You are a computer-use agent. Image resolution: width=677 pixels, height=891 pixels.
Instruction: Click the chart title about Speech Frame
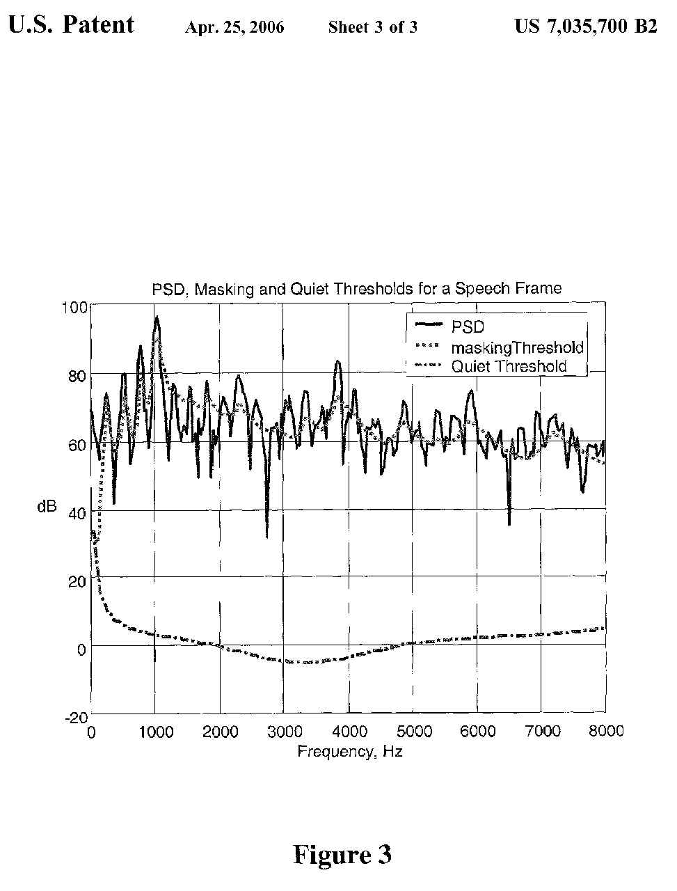coord(356,288)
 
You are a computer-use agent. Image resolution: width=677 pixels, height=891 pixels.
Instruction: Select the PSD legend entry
coord(467,326)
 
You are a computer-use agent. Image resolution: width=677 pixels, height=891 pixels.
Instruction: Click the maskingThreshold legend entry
coord(517,347)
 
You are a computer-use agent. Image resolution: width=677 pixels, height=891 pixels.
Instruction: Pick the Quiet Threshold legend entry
coord(509,366)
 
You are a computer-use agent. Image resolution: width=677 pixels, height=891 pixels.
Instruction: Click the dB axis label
coord(47,507)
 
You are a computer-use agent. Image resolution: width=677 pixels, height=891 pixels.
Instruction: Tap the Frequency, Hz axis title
coord(349,752)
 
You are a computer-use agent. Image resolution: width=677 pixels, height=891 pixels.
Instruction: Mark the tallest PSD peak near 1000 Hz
coord(157,317)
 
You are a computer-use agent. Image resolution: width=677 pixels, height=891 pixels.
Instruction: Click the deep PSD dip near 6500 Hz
coord(509,524)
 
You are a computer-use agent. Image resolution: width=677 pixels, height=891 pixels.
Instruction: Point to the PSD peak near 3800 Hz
coord(337,361)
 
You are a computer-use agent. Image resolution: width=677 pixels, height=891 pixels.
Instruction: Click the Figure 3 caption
coord(342,854)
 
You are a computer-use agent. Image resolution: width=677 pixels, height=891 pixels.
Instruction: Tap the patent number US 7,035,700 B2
coord(585,26)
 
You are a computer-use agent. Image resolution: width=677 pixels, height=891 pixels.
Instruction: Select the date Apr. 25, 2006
coord(234,28)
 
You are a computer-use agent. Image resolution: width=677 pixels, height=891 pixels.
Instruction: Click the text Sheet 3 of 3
coord(373,28)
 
